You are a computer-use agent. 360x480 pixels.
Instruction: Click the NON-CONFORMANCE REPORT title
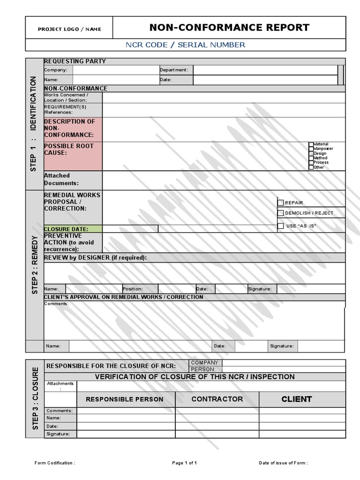pos(229,28)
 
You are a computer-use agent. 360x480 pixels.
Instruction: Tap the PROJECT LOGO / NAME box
pos(69,29)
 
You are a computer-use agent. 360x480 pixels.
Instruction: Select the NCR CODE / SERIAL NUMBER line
pos(185,45)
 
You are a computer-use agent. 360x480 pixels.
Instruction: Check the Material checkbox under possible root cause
pos(311,144)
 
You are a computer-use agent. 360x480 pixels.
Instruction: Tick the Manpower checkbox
pos(311,149)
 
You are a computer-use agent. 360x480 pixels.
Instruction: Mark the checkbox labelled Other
pos(311,167)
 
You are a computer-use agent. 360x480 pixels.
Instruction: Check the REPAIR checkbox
pos(281,203)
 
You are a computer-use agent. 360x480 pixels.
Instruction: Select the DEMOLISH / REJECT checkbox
pos(281,213)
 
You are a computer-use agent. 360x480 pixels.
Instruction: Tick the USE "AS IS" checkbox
pos(281,226)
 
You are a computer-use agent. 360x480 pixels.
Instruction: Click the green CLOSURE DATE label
pos(72,229)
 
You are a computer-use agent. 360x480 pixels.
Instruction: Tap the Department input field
pos(265,70)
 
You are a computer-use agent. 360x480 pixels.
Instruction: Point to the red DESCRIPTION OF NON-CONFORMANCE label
pos(72,128)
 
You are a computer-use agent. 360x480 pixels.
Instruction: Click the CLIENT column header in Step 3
pos(296,399)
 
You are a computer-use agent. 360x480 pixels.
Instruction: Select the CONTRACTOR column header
pos(217,399)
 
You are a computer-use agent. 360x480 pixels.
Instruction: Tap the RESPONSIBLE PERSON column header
pos(125,399)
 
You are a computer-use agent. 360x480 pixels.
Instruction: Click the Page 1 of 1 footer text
pos(185,463)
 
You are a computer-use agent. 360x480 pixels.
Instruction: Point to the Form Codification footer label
pos(55,463)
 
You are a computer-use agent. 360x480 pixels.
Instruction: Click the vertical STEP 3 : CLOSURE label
pos(35,398)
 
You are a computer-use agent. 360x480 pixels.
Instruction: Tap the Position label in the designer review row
pos(133,289)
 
